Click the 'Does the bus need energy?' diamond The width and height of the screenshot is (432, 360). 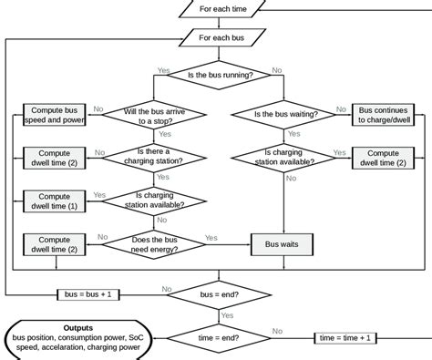coord(151,243)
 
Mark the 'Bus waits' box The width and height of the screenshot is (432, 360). coord(282,243)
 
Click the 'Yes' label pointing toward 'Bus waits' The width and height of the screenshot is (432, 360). coord(211,237)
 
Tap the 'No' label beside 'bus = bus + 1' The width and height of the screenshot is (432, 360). coord(167,289)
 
